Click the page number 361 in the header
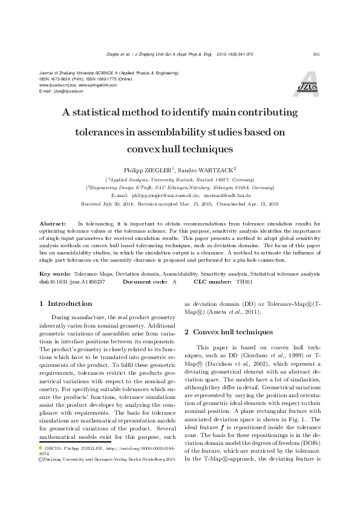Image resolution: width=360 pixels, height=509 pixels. click(x=315, y=54)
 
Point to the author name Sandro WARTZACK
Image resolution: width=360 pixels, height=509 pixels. click(x=208, y=170)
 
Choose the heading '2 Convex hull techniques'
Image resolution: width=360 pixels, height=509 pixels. click(x=224, y=331)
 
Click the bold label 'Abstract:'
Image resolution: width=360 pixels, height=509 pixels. click(x=52, y=223)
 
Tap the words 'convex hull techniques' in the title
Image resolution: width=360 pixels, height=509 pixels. click(x=180, y=148)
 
